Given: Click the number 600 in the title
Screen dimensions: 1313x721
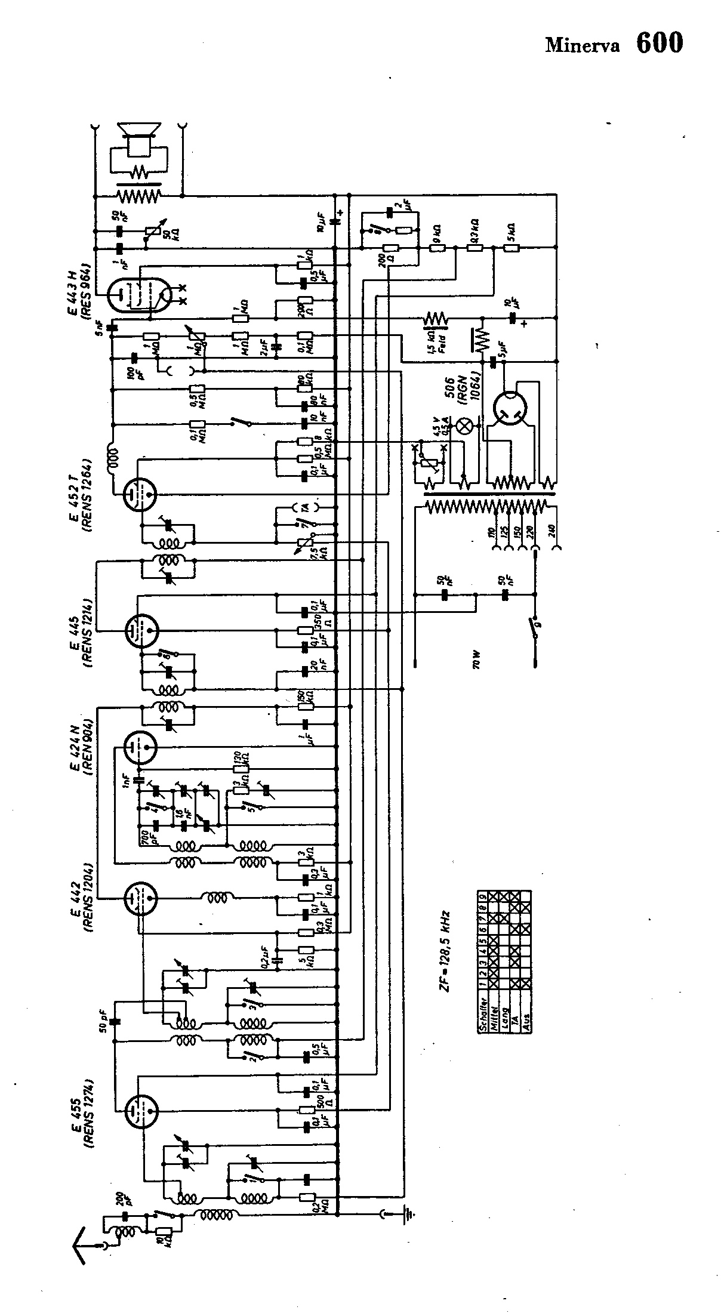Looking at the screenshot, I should [x=659, y=42].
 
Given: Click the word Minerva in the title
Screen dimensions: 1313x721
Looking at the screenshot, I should [x=582, y=46].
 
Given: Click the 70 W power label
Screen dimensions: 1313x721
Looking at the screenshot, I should [x=476, y=661].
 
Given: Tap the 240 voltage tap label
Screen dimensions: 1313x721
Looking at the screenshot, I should [x=558, y=532].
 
